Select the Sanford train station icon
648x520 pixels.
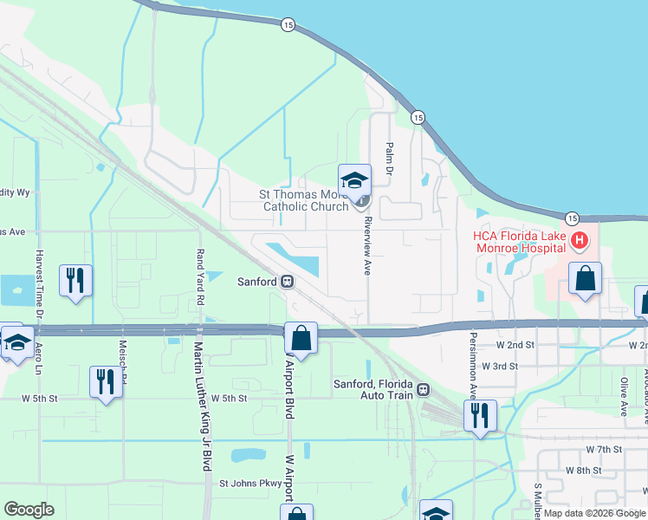click(x=287, y=282)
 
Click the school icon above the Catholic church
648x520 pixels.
click(x=354, y=181)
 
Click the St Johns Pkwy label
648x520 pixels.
click(x=250, y=484)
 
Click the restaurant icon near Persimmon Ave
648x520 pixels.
click(x=479, y=415)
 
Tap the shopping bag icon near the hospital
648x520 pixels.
click(x=586, y=279)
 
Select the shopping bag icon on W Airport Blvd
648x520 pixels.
click(x=301, y=338)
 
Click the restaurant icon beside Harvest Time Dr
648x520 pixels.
click(x=75, y=281)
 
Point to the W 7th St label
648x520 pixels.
click(x=605, y=450)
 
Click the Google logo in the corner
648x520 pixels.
click(x=29, y=510)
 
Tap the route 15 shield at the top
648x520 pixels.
click(x=288, y=26)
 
